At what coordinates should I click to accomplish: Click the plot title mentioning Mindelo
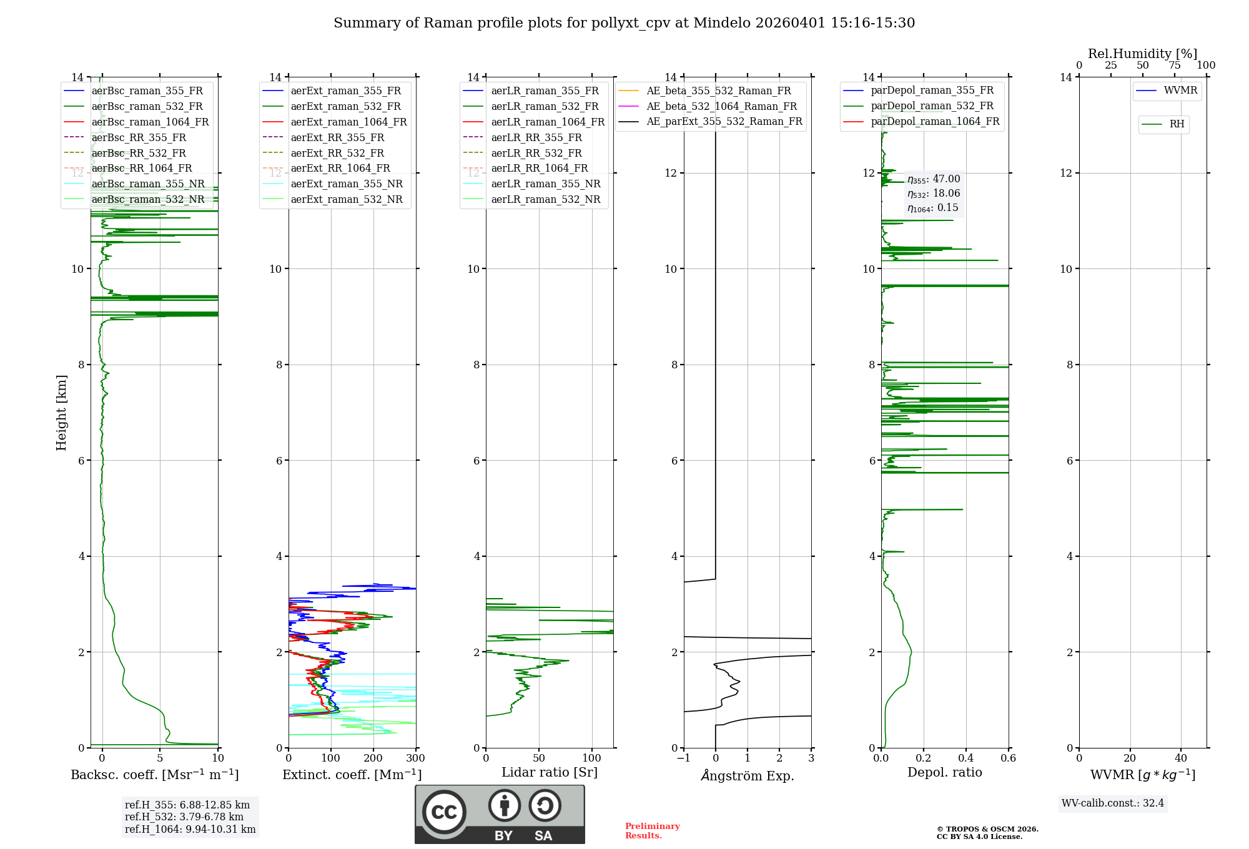[624, 23]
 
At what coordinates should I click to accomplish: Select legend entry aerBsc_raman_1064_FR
[150, 122]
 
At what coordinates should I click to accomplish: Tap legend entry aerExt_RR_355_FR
[337, 137]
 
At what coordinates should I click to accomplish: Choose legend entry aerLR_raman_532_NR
[545, 199]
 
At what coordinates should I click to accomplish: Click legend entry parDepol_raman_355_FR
[932, 91]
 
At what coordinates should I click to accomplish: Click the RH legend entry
[1177, 124]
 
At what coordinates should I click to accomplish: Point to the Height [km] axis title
[61, 412]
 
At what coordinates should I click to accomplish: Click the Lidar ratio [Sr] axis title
[550, 772]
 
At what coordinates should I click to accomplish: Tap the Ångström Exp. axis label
[748, 775]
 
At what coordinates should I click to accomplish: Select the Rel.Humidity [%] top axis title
[1142, 54]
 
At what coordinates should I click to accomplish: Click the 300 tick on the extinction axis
[415, 758]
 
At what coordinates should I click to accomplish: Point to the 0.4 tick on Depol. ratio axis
[966, 758]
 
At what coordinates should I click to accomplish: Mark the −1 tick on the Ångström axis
[684, 758]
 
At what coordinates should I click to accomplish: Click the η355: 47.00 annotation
[934, 179]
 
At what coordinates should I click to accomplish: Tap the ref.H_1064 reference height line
[190, 829]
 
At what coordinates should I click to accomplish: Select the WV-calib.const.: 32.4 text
[1113, 803]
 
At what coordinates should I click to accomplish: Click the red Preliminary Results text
[652, 830]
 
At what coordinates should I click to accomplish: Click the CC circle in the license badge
[444, 812]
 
